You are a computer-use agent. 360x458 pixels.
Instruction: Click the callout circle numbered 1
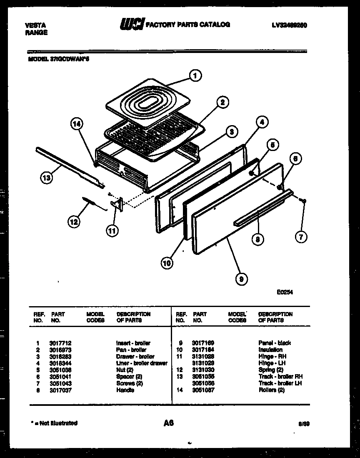pos(195,75)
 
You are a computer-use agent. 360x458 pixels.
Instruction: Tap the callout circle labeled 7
pos(301,237)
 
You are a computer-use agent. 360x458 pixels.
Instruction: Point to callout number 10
pos(166,263)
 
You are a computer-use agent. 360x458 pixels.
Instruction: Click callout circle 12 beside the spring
pos(73,222)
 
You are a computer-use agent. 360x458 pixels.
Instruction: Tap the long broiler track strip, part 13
pos(69,165)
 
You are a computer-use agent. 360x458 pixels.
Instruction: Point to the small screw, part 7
pos(305,201)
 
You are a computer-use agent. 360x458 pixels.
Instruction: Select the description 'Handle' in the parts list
pos(125,390)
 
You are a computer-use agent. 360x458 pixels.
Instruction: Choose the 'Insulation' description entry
pos(270,350)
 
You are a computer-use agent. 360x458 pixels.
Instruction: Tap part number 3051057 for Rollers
pos(203,390)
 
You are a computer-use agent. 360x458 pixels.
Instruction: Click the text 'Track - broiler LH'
pos(280,383)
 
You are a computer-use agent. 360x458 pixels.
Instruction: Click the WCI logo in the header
pos(131,25)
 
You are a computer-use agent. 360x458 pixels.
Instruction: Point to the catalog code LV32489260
pos(290,25)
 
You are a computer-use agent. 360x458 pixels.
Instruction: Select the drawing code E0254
pos(285,293)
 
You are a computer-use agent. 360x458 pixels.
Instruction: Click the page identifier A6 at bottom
pos(168,423)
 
